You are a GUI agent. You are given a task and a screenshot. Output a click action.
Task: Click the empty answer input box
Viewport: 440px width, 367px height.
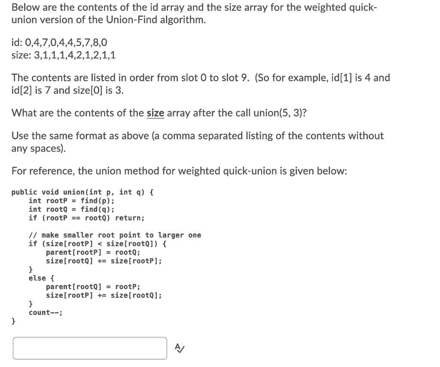coord(90,348)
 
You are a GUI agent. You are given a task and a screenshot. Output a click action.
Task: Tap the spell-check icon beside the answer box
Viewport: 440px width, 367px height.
coord(180,347)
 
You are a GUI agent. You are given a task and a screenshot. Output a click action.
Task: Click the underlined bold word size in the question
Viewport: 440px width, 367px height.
coord(156,113)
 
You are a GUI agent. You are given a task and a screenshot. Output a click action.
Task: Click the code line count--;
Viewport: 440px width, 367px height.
coord(46,312)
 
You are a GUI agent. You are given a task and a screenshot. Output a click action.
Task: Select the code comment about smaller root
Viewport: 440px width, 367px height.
coord(115,235)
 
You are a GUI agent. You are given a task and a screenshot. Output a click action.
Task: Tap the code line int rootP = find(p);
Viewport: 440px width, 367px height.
coord(72,201)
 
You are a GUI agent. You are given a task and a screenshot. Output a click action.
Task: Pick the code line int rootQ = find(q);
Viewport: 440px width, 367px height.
coord(72,209)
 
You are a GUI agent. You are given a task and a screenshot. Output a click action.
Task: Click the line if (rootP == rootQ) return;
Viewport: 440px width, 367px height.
coord(86,218)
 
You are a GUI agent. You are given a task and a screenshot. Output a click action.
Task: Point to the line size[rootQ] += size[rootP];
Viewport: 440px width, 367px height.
coord(104,261)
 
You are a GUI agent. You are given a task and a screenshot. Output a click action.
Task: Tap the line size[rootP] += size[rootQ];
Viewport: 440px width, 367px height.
coord(104,295)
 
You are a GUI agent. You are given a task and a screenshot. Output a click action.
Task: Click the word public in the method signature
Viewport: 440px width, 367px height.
coord(24,192)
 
